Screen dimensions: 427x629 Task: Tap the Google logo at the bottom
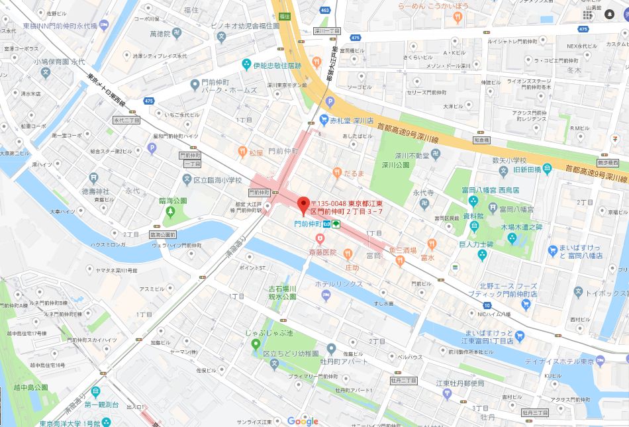click(x=303, y=421)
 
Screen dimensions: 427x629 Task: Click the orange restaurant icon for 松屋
click(x=242, y=152)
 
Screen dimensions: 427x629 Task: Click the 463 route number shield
click(x=324, y=11)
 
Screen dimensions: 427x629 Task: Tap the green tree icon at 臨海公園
click(x=170, y=212)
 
